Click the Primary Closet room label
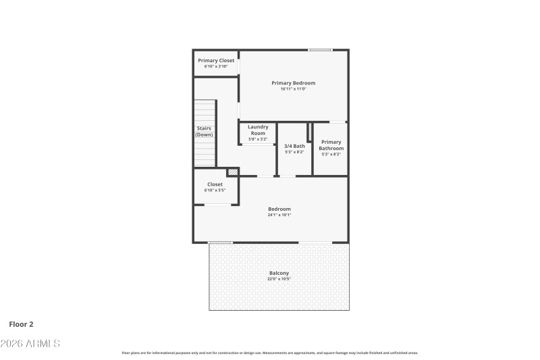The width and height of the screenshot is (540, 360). click(216, 60)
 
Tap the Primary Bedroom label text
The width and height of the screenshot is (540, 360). click(293, 83)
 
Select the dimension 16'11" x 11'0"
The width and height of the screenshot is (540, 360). click(293, 89)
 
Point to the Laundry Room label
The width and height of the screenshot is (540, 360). click(258, 130)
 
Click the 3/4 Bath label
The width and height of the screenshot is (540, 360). click(294, 146)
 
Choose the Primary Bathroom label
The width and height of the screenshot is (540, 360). click(331, 145)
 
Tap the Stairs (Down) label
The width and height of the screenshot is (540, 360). click(205, 131)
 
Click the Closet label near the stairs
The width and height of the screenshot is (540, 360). click(215, 184)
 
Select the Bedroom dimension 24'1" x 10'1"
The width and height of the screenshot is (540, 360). click(279, 215)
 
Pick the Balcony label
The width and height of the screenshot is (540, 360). click(279, 273)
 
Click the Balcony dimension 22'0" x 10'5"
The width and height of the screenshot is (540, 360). click(279, 279)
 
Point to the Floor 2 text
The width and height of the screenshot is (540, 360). click(21, 324)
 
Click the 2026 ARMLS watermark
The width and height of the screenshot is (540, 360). click(30, 344)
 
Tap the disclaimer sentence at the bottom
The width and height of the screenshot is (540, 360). click(269, 353)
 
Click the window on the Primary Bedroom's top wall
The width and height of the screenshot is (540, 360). click(321, 50)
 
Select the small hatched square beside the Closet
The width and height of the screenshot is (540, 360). click(232, 173)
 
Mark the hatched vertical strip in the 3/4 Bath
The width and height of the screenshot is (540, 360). click(310, 132)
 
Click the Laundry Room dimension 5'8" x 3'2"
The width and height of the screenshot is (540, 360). click(258, 139)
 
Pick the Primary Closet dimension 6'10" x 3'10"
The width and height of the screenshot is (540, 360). click(216, 66)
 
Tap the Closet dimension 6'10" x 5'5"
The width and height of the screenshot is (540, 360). click(215, 190)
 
